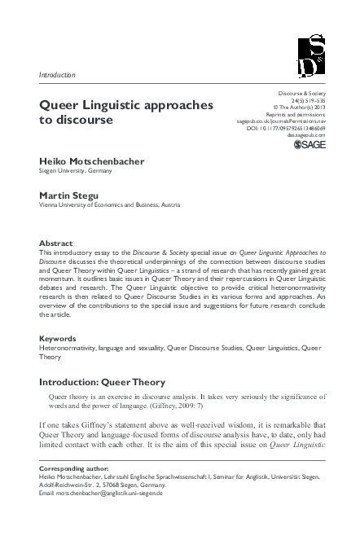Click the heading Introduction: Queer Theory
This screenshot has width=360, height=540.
[x=103, y=381]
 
